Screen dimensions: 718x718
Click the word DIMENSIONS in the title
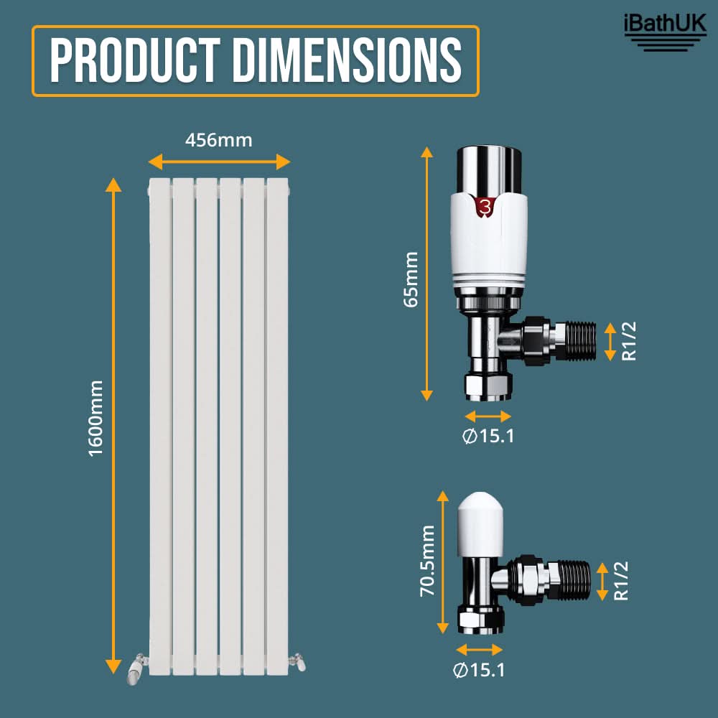[347, 61]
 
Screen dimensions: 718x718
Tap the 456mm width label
[219, 140]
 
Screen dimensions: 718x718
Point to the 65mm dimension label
[411, 279]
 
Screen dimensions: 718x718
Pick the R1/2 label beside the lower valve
[622, 580]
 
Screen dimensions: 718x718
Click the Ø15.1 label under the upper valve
[488, 436]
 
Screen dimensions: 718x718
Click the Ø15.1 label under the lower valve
[479, 670]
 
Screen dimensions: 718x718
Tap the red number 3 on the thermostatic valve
[485, 207]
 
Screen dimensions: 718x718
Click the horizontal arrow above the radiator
[220, 162]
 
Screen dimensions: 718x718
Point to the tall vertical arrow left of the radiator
[113, 424]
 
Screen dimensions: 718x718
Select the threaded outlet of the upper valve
[578, 340]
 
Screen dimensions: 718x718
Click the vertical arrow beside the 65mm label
[427, 274]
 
